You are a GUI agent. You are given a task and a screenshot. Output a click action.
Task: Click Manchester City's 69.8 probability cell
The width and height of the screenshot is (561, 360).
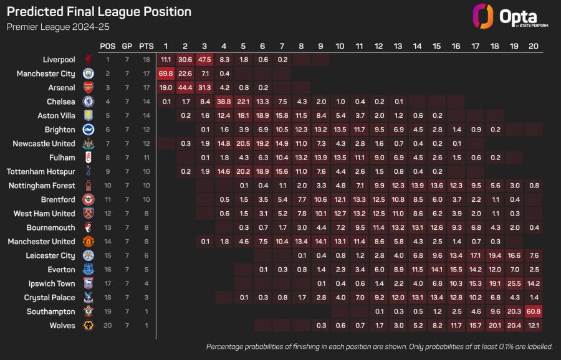pos(166,73)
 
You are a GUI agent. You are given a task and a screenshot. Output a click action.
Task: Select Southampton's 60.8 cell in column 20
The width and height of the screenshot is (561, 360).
pos(534,311)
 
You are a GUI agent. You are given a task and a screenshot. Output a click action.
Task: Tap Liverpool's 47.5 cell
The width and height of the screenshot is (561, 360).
pos(204,60)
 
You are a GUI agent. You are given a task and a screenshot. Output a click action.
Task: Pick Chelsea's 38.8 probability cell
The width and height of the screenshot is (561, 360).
pos(224,102)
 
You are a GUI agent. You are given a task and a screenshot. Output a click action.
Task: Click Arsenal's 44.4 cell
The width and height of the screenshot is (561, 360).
pos(185,88)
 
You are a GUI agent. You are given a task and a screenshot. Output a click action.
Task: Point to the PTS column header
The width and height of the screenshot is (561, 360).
pos(146,46)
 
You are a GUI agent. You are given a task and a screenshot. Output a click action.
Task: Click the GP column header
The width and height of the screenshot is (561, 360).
pos(127,46)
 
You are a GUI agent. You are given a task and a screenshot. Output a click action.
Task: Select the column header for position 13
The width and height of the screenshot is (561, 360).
pos(398,46)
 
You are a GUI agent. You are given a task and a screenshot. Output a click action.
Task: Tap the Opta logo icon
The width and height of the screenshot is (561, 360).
pos(483,16)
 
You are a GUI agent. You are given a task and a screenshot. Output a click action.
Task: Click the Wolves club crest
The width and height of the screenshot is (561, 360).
pos(89,325)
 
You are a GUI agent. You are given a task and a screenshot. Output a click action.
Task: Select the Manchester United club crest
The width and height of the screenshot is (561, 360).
pos(89,242)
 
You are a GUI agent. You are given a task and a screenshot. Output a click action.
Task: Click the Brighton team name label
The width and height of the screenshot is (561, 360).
pos(60,130)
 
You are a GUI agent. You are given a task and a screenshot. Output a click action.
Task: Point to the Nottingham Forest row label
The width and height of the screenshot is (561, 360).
pos(42,186)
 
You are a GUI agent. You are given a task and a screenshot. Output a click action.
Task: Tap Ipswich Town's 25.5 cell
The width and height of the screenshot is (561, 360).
pos(514,283)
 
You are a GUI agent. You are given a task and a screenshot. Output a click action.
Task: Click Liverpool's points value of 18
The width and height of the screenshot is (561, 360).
pos(146,60)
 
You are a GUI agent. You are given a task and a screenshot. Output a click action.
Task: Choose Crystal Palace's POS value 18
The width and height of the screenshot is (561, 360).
pos(108,298)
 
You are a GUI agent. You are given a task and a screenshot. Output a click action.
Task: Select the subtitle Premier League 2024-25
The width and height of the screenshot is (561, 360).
pos(58,27)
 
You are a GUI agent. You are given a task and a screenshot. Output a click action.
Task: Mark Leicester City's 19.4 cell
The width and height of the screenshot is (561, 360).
pos(495,255)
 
